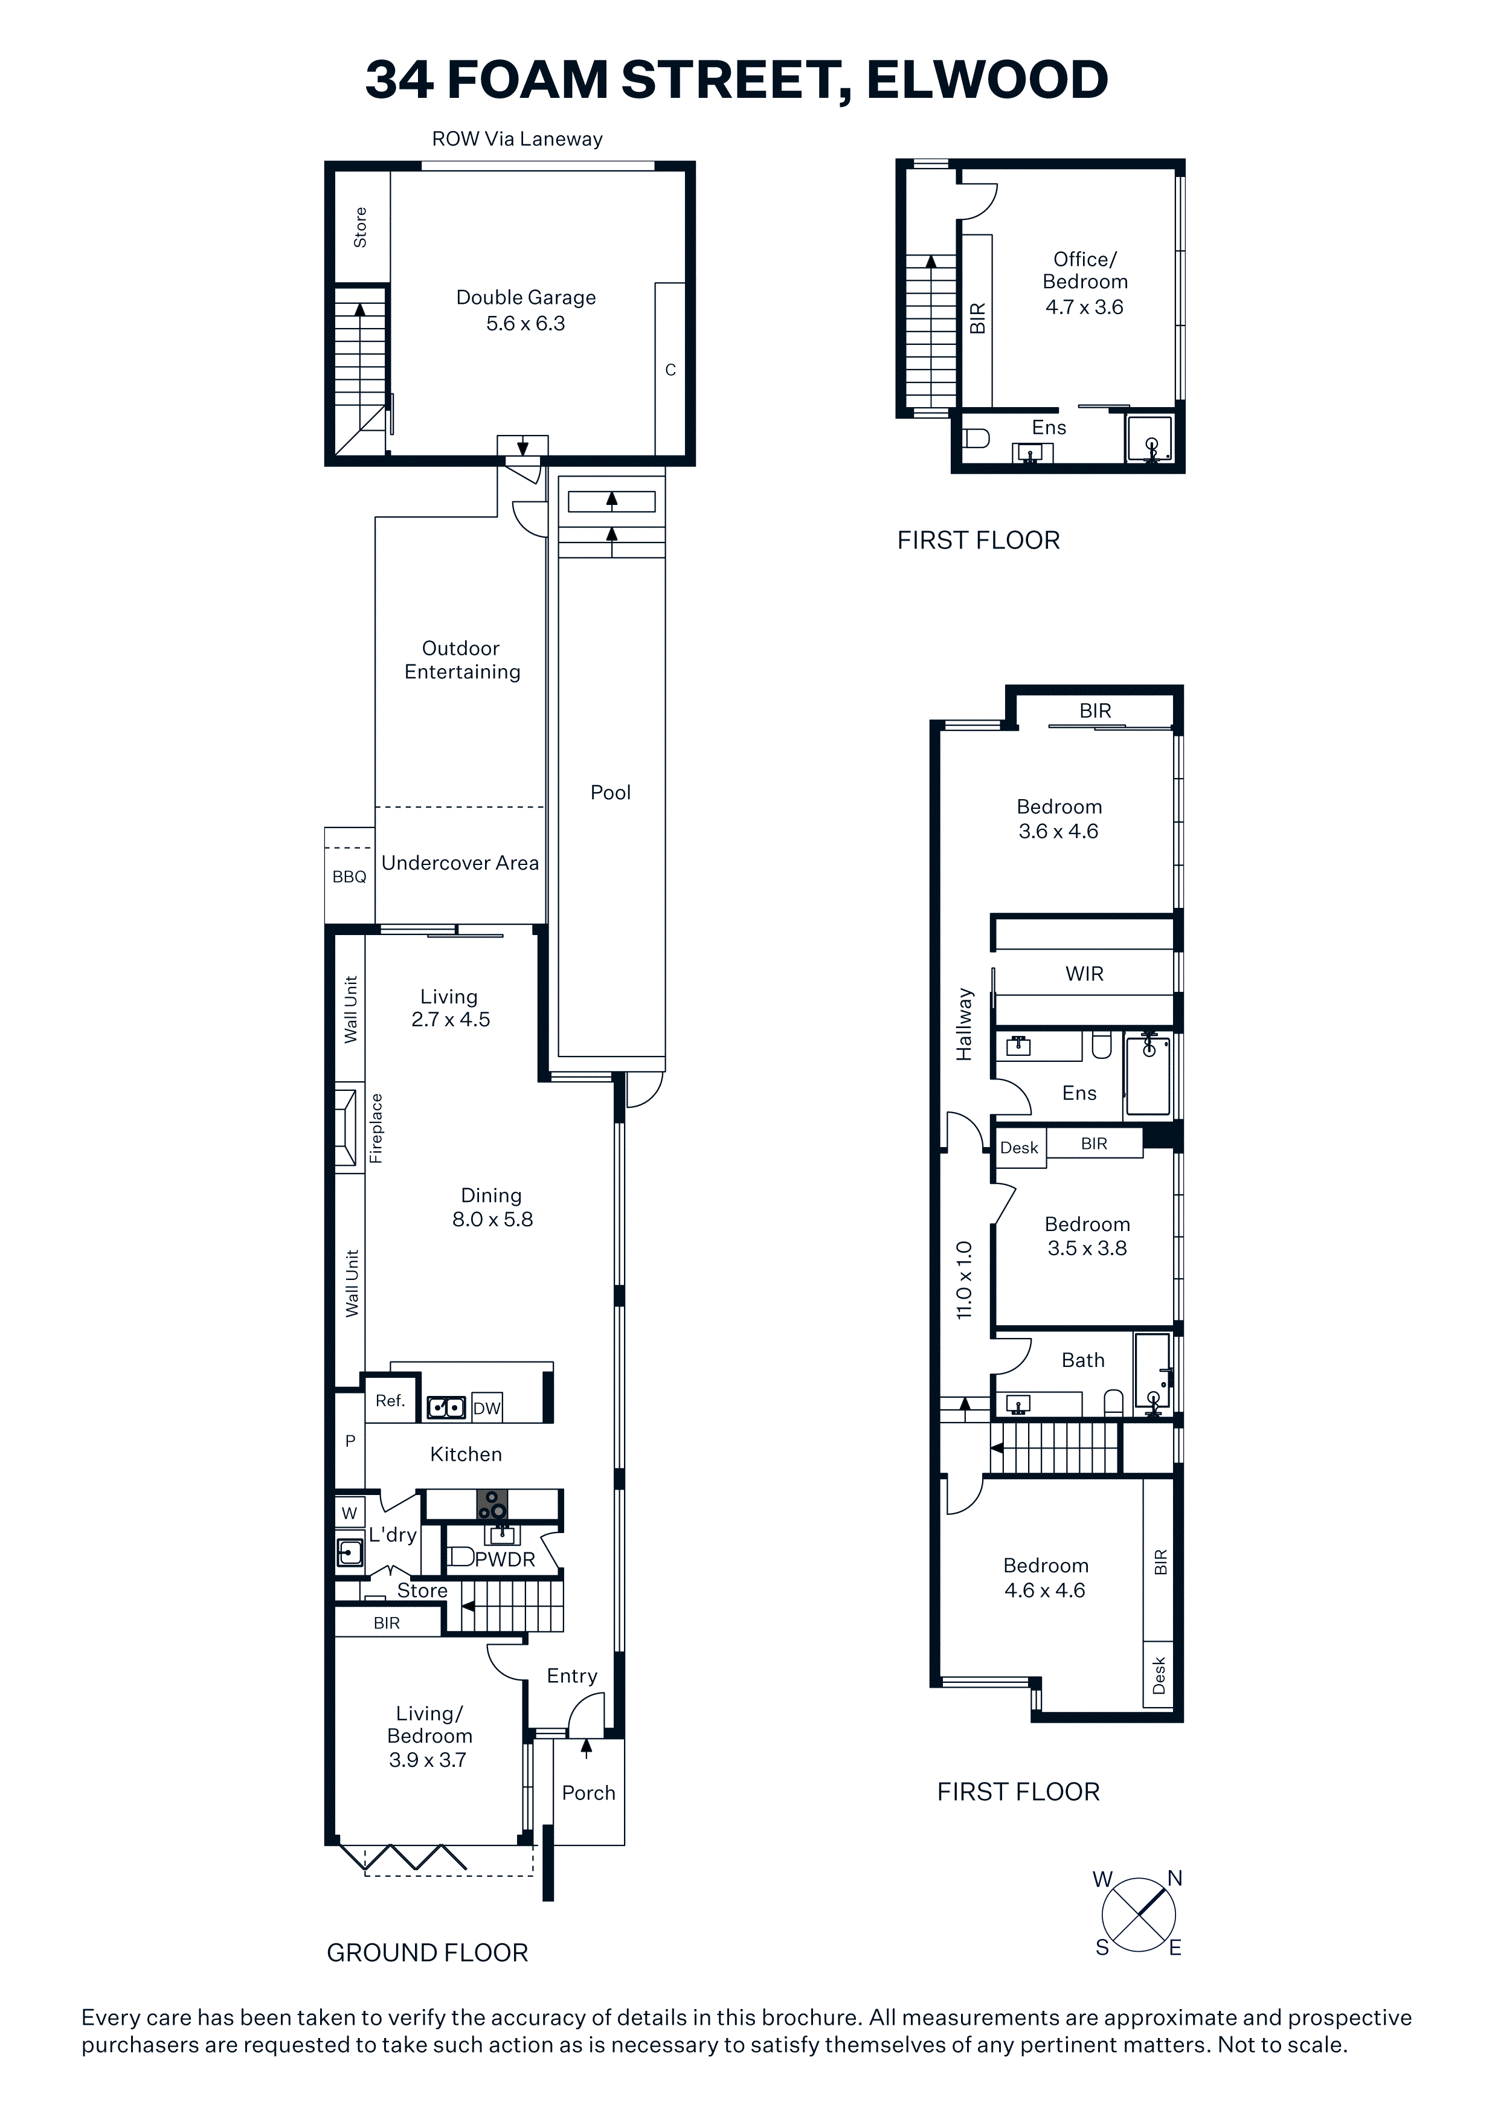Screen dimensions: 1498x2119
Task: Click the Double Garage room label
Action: (526, 297)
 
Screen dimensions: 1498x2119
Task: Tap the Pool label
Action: (610, 792)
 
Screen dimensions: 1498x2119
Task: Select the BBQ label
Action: (349, 876)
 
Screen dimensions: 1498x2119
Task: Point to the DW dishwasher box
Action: (486, 1407)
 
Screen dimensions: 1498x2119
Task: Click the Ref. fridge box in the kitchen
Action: (390, 1401)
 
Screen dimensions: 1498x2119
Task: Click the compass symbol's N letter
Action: (1175, 1878)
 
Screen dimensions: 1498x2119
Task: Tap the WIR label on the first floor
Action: (1084, 974)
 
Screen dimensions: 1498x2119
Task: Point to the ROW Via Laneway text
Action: (517, 140)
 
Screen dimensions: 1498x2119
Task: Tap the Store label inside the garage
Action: (360, 227)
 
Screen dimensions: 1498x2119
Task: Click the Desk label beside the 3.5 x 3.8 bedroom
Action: (1019, 1147)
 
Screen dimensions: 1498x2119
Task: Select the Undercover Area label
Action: (460, 863)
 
